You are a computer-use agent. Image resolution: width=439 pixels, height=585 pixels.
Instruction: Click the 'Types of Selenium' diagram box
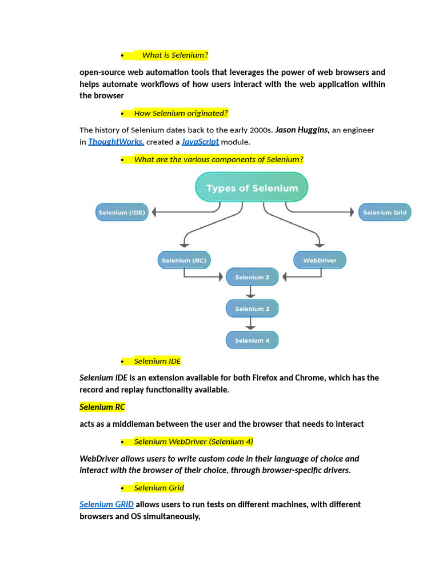point(252,188)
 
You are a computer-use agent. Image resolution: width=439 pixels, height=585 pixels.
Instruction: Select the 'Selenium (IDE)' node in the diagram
point(121,213)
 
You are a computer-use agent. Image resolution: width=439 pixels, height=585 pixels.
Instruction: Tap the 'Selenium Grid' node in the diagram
point(385,213)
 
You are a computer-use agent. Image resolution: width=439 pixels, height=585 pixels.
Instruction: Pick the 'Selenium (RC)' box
point(184,261)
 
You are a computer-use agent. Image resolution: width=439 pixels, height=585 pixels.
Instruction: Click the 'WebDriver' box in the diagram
point(320,261)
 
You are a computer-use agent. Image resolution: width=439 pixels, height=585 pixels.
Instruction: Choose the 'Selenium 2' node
point(252,278)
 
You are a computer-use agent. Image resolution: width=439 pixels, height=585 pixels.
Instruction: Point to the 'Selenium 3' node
point(252,309)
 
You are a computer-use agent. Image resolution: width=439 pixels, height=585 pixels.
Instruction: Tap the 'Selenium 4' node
point(252,340)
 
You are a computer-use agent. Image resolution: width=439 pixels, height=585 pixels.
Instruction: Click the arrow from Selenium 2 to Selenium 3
point(250,293)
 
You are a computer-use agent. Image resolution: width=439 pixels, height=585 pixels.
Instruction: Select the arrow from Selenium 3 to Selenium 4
point(250,324)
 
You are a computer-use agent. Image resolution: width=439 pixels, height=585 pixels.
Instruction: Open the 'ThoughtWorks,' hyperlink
point(116,142)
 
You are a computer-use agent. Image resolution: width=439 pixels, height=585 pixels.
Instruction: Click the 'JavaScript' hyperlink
point(200,142)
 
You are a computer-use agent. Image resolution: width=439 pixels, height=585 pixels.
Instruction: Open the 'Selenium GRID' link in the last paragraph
point(107,504)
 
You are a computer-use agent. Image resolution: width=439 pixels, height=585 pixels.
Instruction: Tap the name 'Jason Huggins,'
point(302,130)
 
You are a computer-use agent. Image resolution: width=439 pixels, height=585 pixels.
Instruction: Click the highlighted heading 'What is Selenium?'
point(175,55)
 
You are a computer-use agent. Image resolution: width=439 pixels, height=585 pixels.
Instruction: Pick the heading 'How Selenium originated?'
point(181,113)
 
